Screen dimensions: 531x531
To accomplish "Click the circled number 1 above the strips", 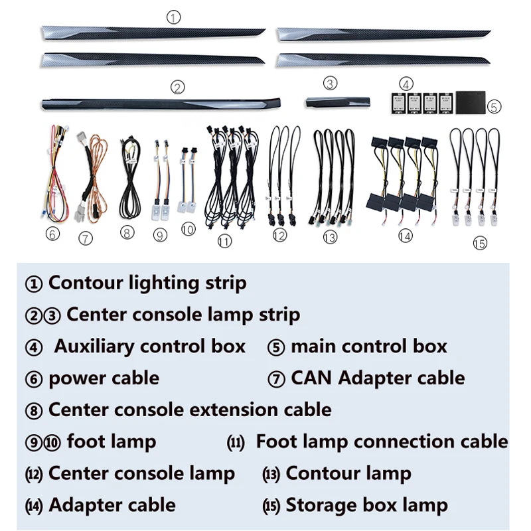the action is point(174,18).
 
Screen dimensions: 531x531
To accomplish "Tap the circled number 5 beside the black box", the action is point(494,106).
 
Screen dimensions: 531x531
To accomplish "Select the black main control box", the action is point(471,102).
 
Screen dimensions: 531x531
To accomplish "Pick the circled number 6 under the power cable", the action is point(53,234).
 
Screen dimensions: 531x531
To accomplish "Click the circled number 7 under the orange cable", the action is point(86,238).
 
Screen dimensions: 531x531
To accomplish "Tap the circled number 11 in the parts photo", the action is point(224,242).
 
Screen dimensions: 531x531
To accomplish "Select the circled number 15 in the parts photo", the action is point(479,244).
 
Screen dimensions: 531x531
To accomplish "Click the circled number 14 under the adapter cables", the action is point(405,236).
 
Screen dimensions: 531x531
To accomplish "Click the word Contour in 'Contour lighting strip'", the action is point(86,283).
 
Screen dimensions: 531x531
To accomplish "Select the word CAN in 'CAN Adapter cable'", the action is point(312,378).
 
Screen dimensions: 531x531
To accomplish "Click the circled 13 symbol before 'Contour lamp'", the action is point(271,474).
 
